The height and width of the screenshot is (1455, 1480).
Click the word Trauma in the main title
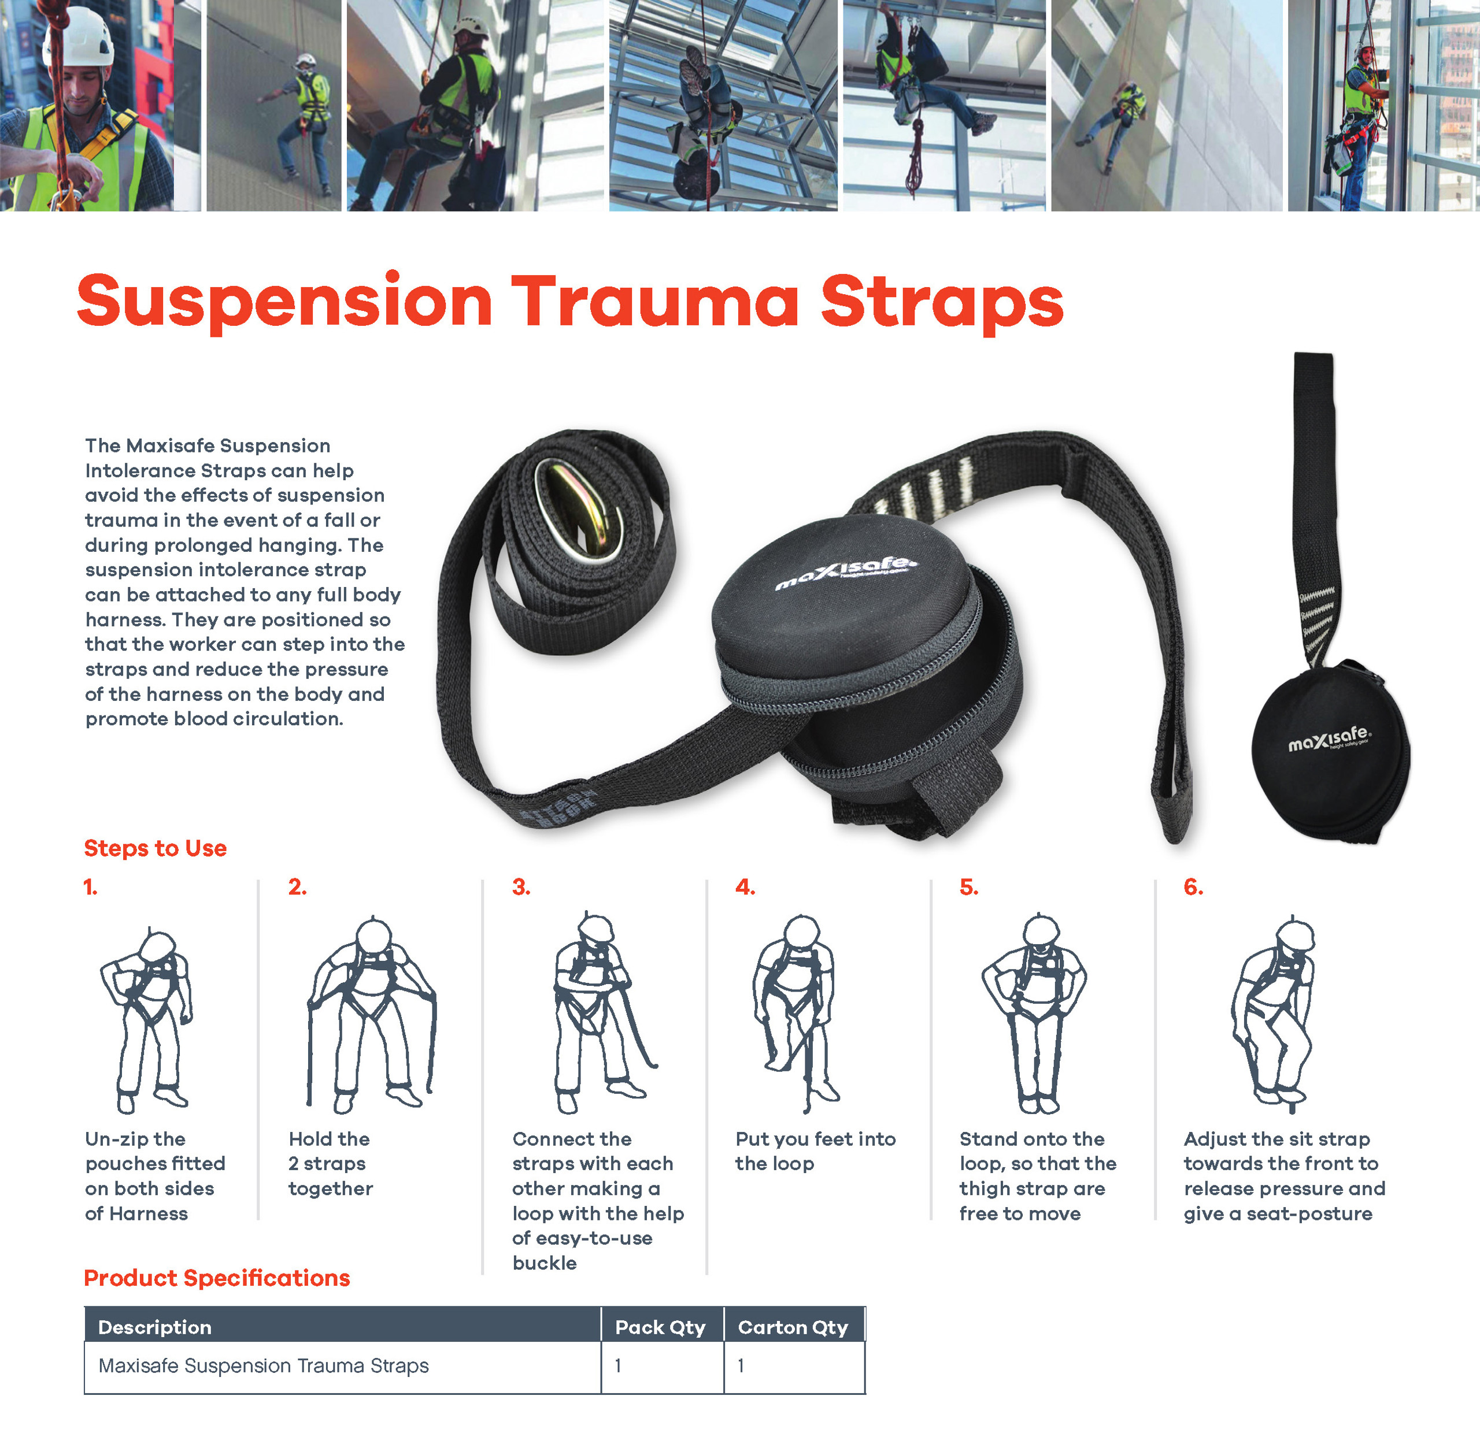coord(654,301)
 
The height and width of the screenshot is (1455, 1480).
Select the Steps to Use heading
coord(155,848)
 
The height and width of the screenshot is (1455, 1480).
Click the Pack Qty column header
coord(660,1327)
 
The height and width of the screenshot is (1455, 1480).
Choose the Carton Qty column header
coord(793,1327)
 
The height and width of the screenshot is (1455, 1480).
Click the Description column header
coord(154,1327)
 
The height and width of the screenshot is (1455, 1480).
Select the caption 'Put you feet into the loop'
coord(815,1151)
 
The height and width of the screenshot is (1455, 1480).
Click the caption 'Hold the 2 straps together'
coord(330,1163)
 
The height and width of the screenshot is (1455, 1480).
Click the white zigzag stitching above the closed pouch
coord(1316,619)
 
